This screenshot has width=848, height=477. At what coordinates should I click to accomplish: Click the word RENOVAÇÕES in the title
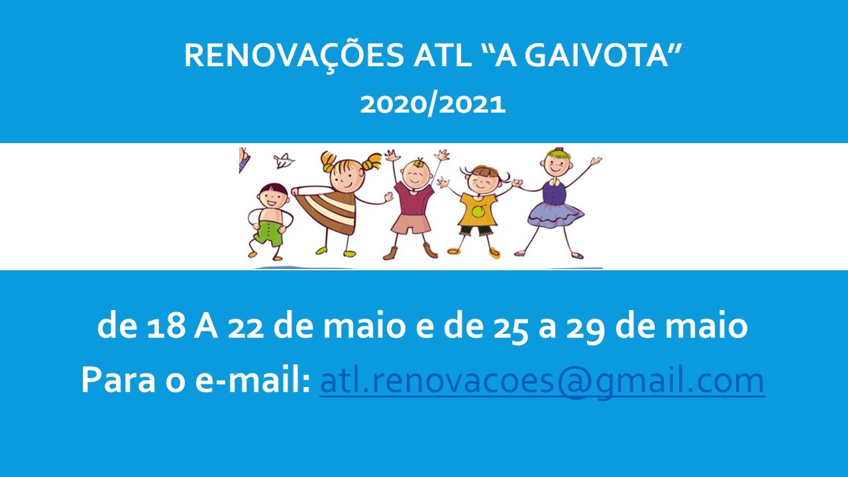294,56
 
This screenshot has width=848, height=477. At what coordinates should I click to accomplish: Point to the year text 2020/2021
433,105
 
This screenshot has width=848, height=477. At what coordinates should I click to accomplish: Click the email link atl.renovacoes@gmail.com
542,381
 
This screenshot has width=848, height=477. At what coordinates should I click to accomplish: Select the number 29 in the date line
585,328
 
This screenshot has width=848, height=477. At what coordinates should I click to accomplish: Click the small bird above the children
284,160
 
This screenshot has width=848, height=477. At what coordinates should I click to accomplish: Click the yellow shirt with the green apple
478,210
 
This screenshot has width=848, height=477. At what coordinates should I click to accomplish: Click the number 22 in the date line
245,328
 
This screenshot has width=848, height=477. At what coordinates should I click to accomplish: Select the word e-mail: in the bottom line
252,380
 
